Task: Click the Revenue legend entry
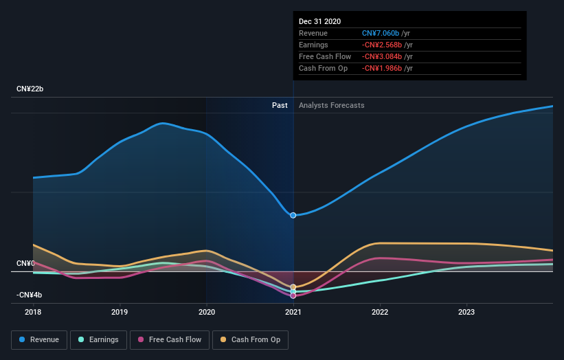[40, 339]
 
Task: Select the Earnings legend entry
[98, 339]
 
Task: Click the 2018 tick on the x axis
[33, 312]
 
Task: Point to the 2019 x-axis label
[120, 312]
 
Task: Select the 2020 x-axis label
[206, 312]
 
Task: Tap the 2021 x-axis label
[293, 312]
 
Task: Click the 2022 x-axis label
[380, 312]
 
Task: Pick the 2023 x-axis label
[466, 312]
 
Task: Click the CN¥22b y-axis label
[30, 89]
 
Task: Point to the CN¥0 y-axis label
[25, 264]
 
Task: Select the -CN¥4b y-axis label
[30, 295]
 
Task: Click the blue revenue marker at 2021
[293, 215]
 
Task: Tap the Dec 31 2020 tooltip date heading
[319, 22]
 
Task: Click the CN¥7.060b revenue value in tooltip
[385, 33]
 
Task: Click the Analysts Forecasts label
[331, 106]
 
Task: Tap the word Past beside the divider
[280, 106]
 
